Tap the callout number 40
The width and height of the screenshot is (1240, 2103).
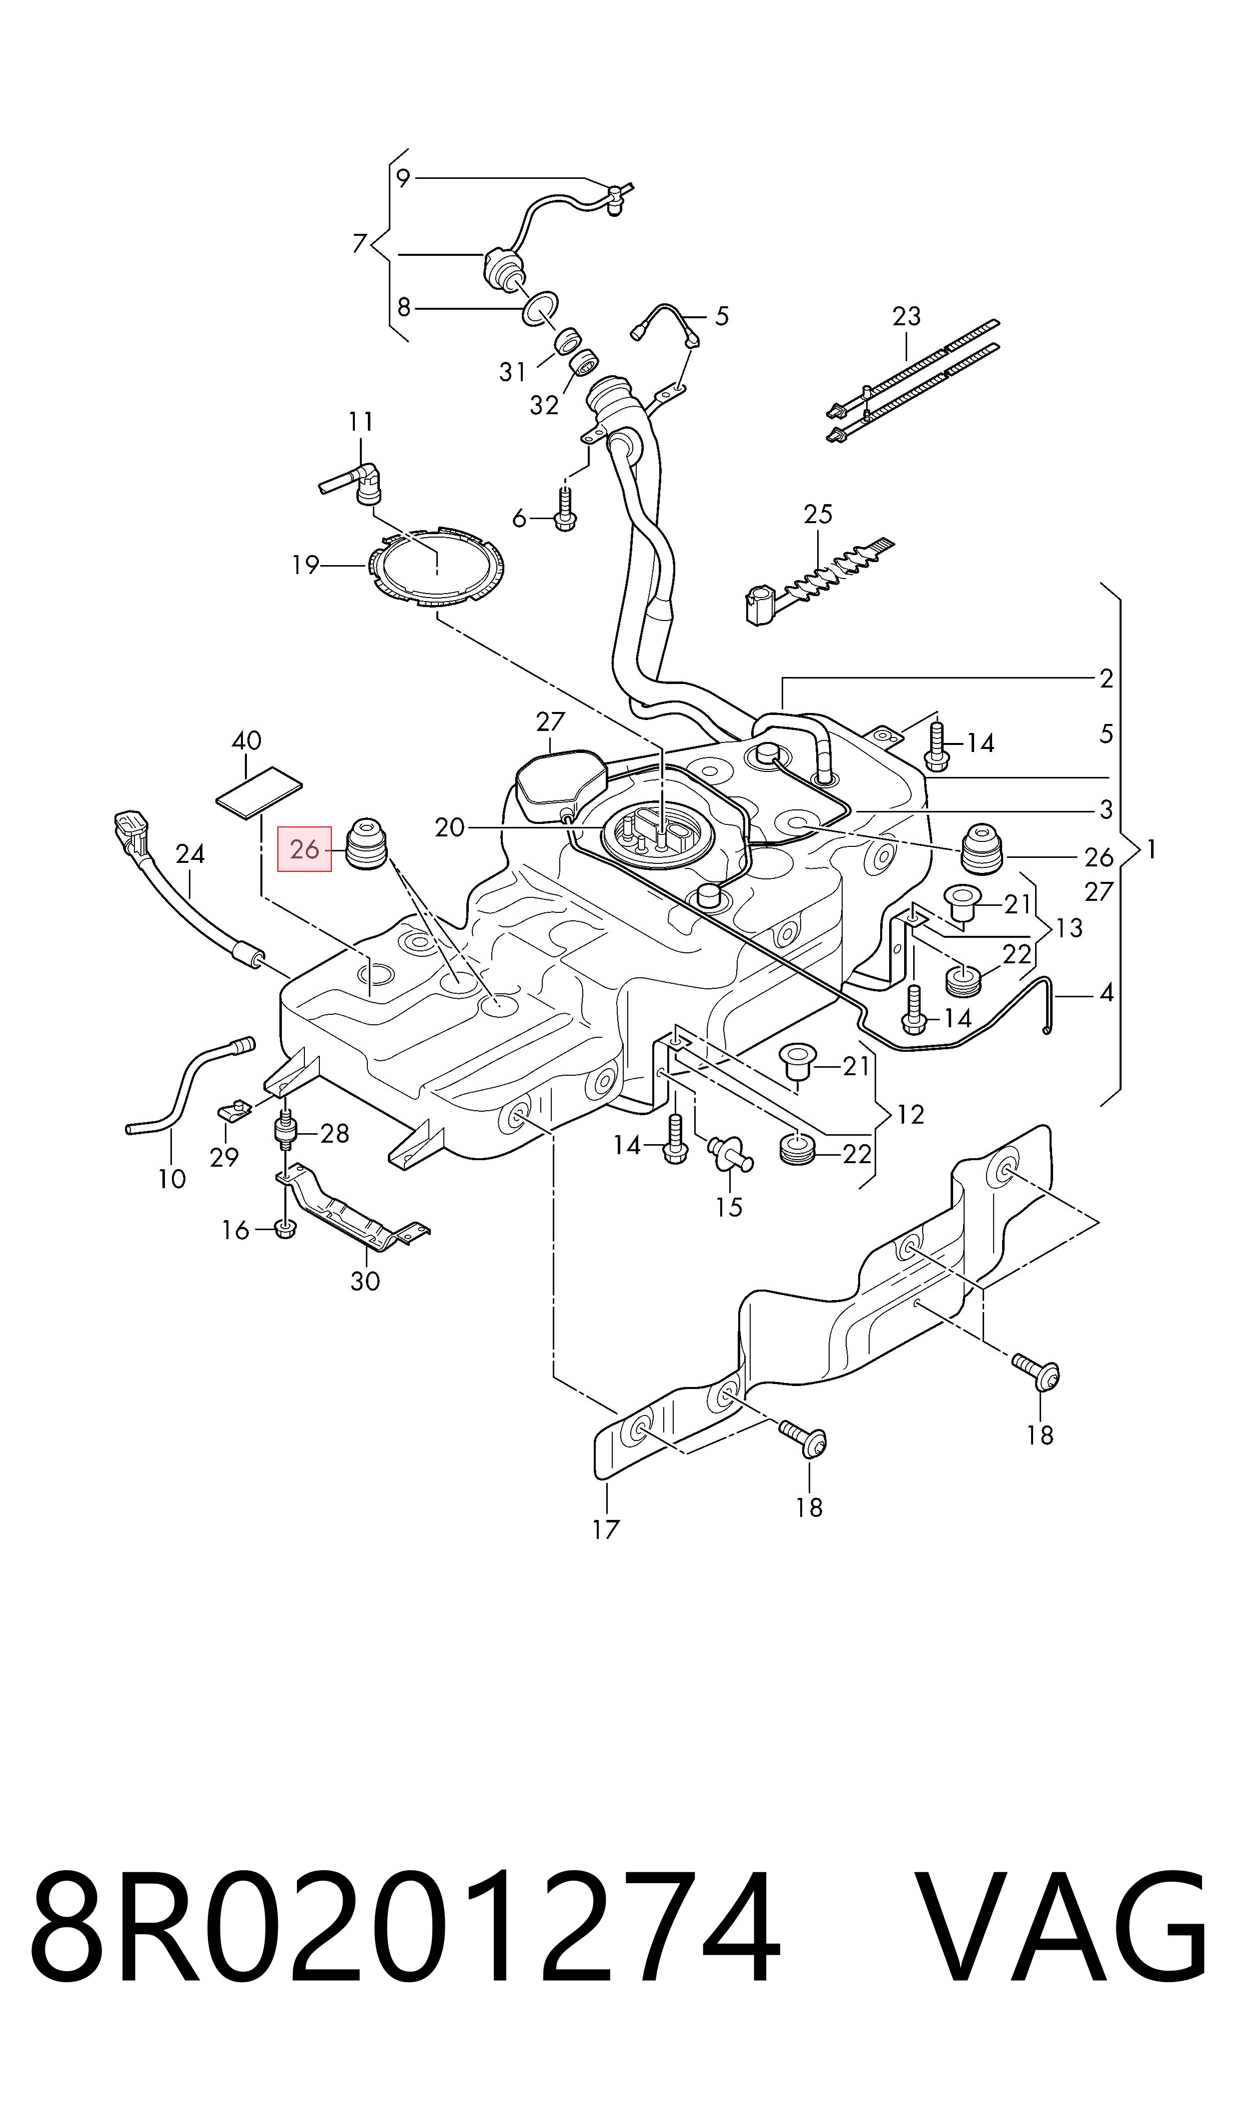tap(246, 741)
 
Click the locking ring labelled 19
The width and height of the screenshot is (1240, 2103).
tap(436, 568)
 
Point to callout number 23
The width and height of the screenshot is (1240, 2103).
tap(907, 317)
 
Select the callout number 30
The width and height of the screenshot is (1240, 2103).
tap(365, 1281)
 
